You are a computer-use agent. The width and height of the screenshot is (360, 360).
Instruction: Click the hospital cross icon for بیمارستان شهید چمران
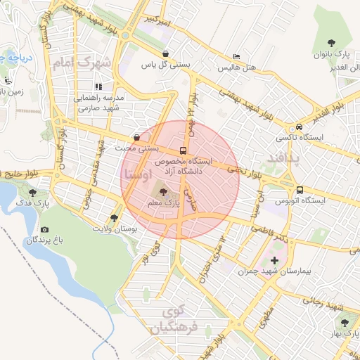pos(274,261)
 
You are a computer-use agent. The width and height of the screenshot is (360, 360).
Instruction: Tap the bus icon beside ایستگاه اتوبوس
pos(300,190)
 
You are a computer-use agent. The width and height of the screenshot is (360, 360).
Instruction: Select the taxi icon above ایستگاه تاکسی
pos(300,127)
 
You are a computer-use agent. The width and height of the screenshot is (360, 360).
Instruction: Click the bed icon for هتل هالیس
pos(236,56)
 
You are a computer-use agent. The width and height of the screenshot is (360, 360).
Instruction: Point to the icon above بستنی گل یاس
pos(165,53)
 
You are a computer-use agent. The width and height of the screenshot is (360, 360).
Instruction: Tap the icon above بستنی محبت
pos(136,138)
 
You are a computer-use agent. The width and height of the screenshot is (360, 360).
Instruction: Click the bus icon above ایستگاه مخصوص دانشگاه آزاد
pos(184,150)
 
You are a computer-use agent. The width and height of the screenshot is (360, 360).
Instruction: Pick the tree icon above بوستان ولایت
pos(115,218)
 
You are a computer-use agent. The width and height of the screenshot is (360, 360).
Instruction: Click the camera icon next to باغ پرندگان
pos(44,229)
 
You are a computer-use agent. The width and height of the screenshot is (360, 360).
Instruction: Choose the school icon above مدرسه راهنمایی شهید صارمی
pos(98,86)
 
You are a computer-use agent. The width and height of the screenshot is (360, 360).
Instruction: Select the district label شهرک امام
pos(81,63)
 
